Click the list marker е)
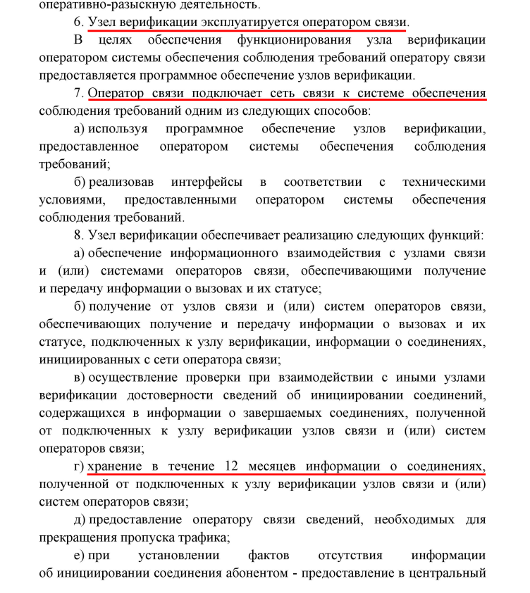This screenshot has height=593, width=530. [79, 554]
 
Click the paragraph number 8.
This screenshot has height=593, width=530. [78, 234]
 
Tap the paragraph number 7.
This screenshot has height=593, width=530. [78, 93]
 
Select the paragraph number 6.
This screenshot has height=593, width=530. [78, 22]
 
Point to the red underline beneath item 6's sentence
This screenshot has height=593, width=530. [247, 30]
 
